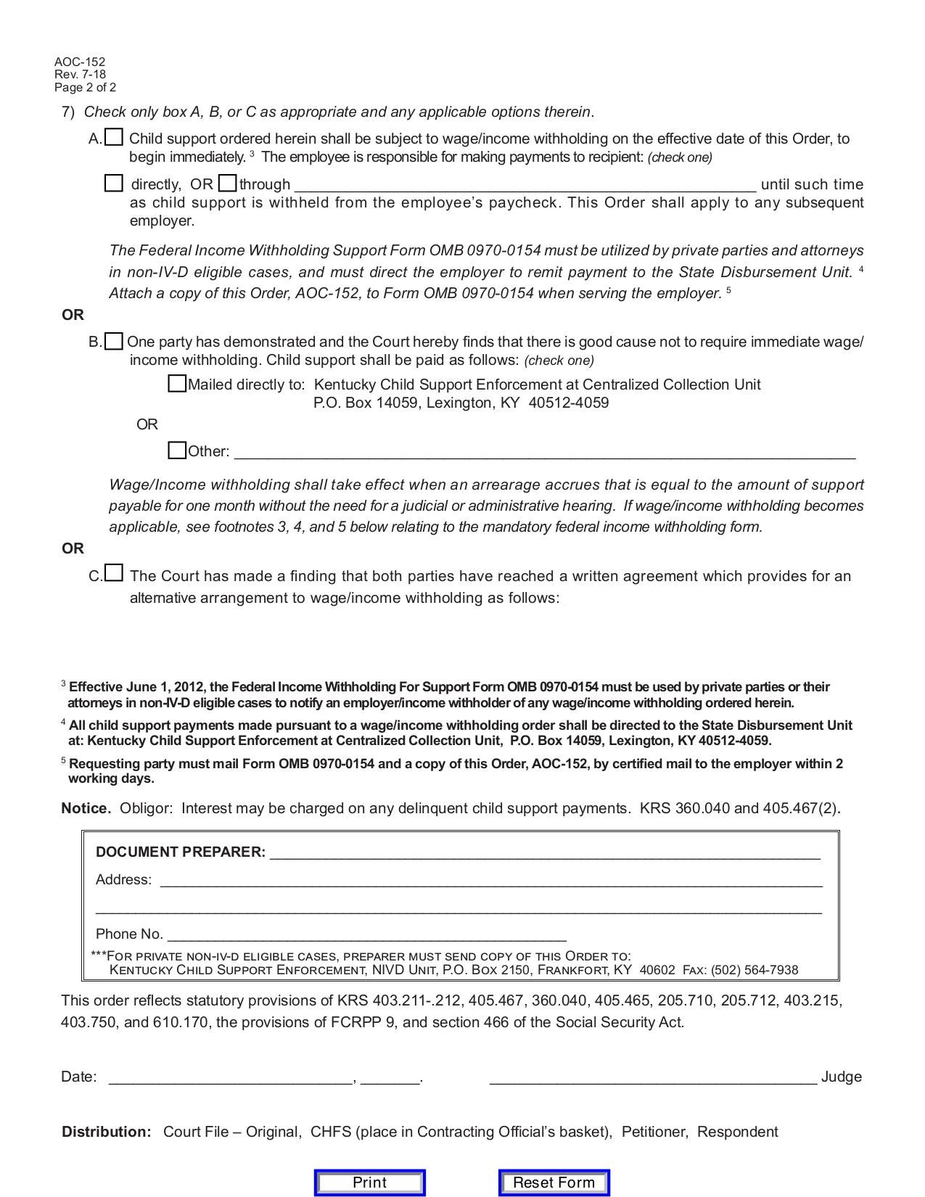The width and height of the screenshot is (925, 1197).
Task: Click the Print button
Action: click(369, 1182)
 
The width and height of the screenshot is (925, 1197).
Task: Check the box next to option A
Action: click(114, 137)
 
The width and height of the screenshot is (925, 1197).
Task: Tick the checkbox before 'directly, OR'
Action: click(114, 183)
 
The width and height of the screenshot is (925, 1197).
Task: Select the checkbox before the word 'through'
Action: click(227, 183)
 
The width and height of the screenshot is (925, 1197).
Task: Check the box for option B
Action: click(113, 341)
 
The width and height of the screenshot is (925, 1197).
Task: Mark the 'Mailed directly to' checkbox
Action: click(177, 384)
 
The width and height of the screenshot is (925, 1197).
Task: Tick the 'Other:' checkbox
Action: click(177, 451)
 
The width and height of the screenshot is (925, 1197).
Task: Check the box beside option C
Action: click(114, 574)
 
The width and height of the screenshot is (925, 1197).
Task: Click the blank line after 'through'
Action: click(525, 186)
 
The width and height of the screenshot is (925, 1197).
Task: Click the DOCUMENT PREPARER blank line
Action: click(544, 853)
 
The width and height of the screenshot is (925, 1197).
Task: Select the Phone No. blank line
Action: click(366, 935)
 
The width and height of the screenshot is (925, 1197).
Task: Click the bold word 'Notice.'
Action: click(86, 808)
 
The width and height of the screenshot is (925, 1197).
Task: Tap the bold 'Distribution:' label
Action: click(107, 1132)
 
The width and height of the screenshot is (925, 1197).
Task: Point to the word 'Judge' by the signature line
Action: click(841, 1077)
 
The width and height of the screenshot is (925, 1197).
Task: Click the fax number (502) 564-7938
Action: click(755, 970)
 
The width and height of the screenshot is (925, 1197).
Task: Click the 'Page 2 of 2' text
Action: click(85, 88)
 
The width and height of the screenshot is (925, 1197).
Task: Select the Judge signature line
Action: click(653, 1078)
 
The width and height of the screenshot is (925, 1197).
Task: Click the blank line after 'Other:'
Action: click(544, 453)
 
